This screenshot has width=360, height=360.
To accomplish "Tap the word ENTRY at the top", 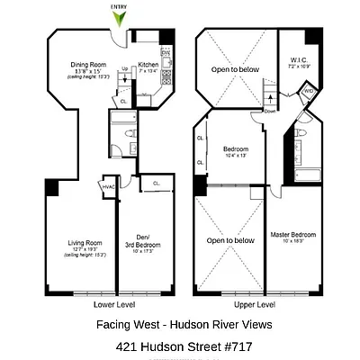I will [x=118, y=6].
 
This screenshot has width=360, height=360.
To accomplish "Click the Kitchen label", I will [x=148, y=64].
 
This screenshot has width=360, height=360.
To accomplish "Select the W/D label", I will [x=308, y=90].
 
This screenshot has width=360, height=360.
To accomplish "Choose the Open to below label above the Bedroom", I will [x=233, y=69].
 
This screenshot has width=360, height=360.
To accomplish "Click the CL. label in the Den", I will [x=156, y=184].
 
